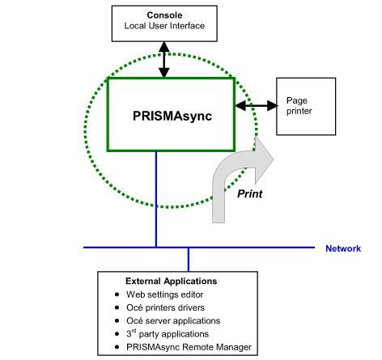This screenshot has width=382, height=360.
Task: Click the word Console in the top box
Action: point(164,15)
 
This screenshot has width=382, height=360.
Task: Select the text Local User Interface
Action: point(164,26)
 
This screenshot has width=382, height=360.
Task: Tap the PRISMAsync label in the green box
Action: point(172,116)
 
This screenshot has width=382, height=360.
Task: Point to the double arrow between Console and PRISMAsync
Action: point(164,60)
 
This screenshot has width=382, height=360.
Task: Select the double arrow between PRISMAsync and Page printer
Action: point(257,105)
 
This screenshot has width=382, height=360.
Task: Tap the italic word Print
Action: point(250,193)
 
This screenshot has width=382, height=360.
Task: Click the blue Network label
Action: point(343,248)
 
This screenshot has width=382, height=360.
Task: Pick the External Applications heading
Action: point(172,282)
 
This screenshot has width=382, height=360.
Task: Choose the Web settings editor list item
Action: point(165,294)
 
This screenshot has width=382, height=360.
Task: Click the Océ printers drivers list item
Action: point(166,307)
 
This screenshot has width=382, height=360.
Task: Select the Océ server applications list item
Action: point(173,321)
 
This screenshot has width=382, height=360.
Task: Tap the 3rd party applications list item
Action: point(168,334)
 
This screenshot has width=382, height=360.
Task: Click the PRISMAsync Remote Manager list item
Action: point(189,347)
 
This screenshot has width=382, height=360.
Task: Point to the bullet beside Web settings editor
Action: point(117,294)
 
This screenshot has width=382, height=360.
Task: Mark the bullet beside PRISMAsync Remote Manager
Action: point(117,347)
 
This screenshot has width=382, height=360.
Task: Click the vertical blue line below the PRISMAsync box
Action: point(156,199)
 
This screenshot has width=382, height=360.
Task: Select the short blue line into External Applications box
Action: point(189,260)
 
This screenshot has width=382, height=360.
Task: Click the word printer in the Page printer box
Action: point(299,111)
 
